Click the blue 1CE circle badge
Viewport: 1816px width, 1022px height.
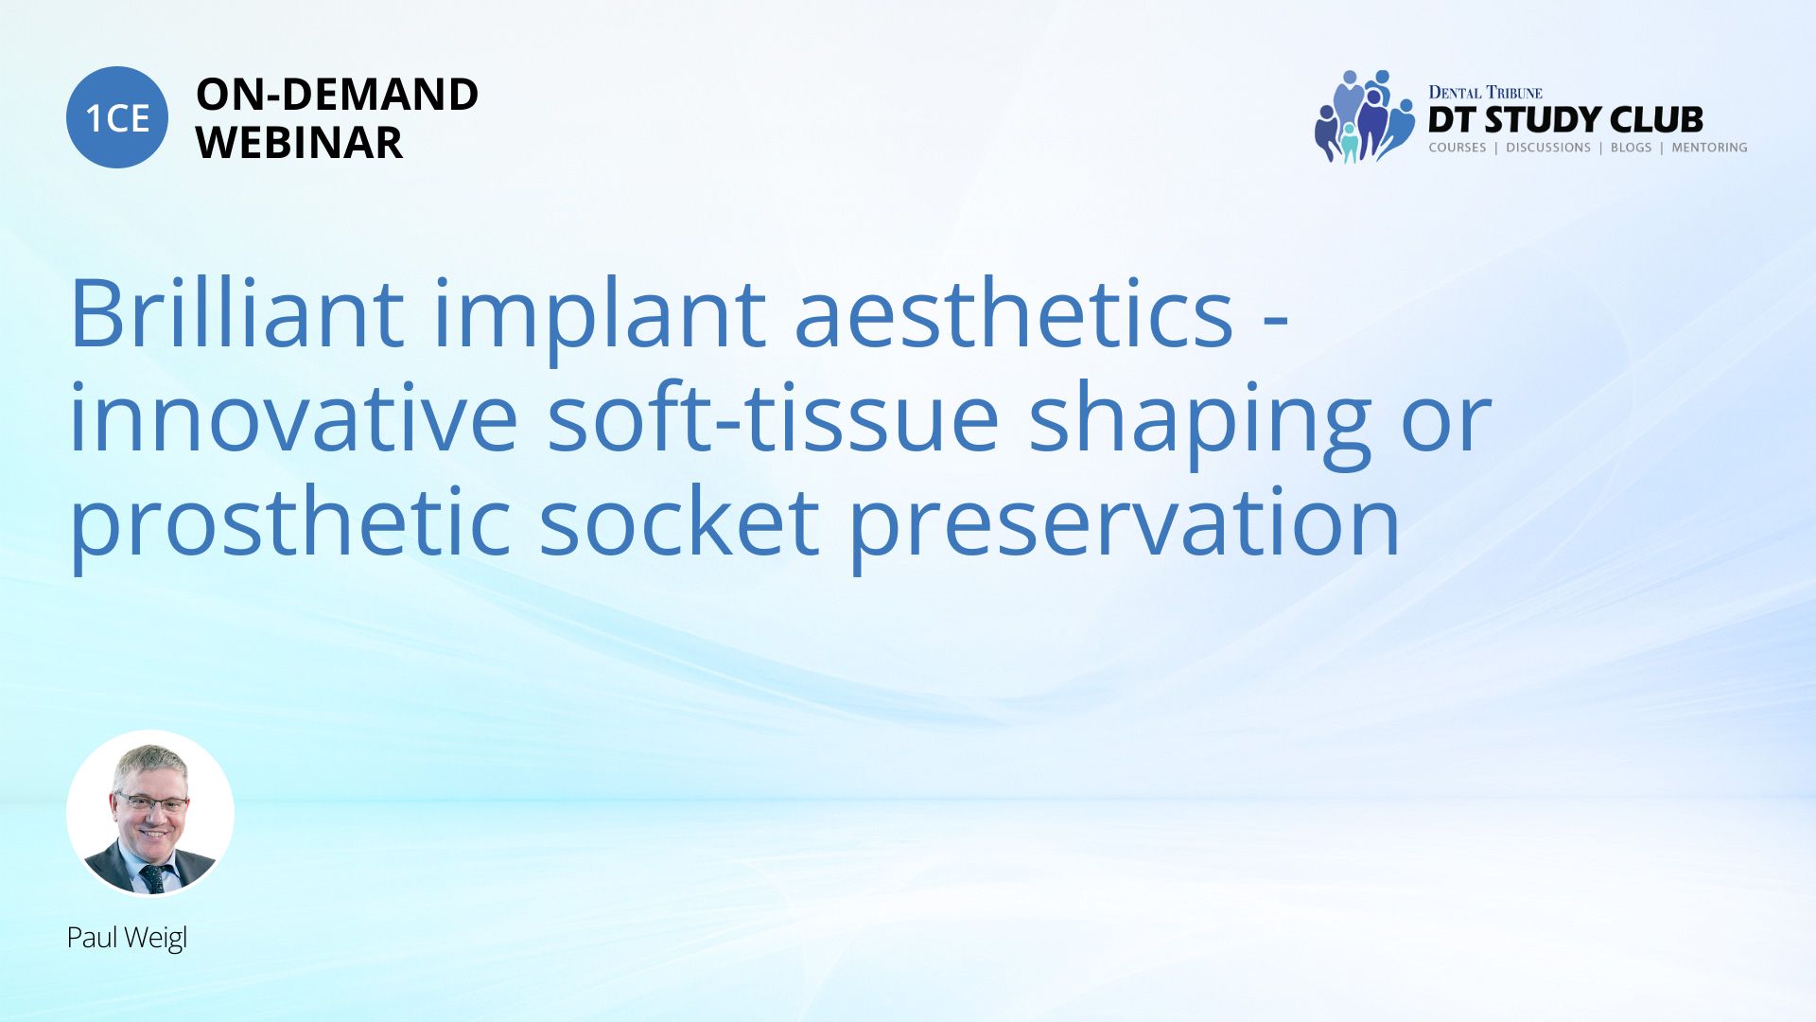pyautogui.click(x=117, y=117)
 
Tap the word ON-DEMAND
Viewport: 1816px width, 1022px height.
pyautogui.click(x=337, y=95)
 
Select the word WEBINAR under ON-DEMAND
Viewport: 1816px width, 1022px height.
pyautogui.click(x=299, y=143)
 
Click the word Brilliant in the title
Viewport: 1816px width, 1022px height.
pyautogui.click(x=237, y=312)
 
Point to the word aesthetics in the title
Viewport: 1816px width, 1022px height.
pyautogui.click(x=1014, y=312)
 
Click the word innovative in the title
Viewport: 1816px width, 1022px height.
pyautogui.click(x=294, y=416)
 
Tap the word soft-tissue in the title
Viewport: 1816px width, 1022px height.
pyautogui.click(x=773, y=416)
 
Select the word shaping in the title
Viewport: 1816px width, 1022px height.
pyautogui.click(x=1199, y=424)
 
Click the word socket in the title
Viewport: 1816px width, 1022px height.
pyautogui.click(x=679, y=520)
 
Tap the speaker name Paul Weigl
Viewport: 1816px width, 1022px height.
pyautogui.click(x=127, y=938)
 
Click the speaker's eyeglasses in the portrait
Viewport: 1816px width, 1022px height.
pyautogui.click(x=151, y=803)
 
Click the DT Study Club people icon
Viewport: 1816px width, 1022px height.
pyautogui.click(x=1363, y=116)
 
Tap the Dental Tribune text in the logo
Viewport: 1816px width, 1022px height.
pyautogui.click(x=1485, y=93)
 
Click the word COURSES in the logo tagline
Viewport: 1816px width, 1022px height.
pyautogui.click(x=1458, y=148)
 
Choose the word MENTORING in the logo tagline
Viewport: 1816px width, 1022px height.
pyautogui.click(x=1709, y=148)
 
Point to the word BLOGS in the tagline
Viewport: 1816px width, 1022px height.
pyautogui.click(x=1631, y=148)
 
